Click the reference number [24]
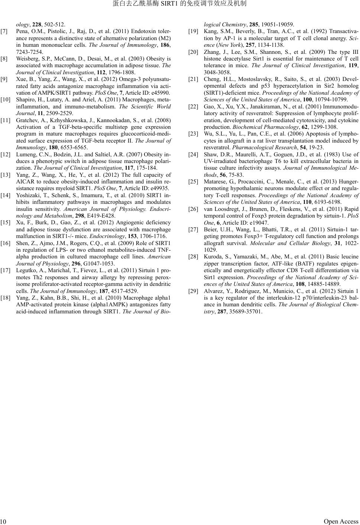coord(193,154)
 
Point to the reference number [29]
coord(193,291)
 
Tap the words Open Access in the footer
coord(341,521)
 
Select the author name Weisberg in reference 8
coord(27,59)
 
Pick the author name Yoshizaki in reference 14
coord(28,195)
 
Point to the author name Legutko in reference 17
coord(26,270)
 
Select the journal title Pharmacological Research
coord(254,147)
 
